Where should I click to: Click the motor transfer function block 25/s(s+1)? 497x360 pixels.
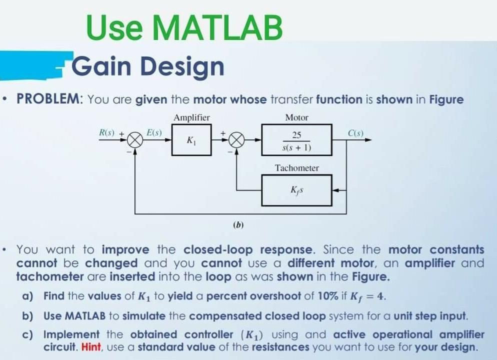296,140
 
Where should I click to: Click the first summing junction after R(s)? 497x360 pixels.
135,140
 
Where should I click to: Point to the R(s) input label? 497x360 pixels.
106,133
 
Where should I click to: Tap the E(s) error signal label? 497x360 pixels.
154,133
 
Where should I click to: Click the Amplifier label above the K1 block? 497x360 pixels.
191,117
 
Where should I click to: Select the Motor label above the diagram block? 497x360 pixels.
296,117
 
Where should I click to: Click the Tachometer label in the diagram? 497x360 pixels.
296,168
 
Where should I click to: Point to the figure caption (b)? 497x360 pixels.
238,225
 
